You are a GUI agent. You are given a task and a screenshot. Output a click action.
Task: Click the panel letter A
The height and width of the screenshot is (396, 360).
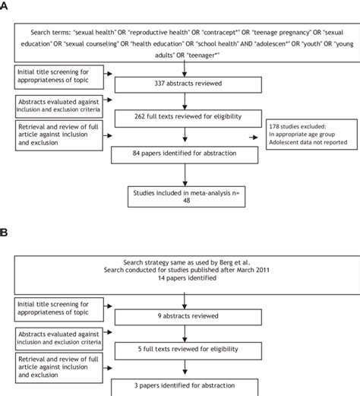pos(6,8)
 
